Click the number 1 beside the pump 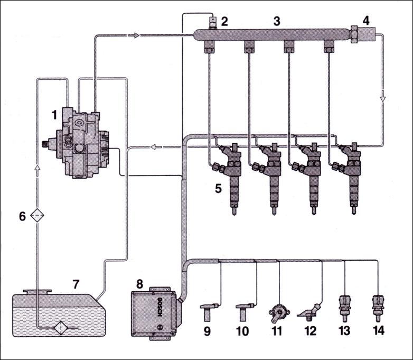[x=53, y=114]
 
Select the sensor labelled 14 [x=377, y=308]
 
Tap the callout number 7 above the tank [x=76, y=284]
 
